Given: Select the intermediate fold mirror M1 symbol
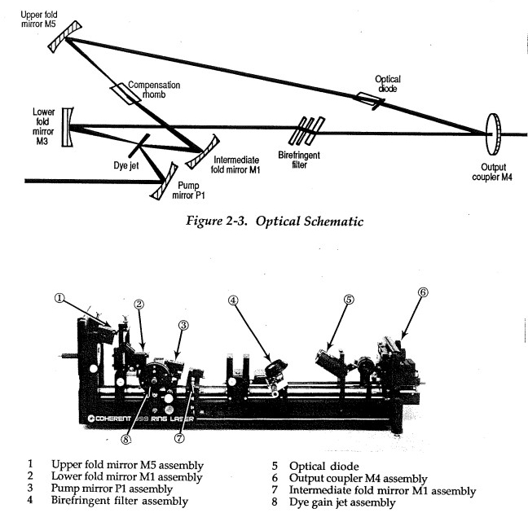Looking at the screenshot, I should pyautogui.click(x=202, y=151).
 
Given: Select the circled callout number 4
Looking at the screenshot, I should pyautogui.click(x=234, y=299).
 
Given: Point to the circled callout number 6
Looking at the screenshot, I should pyautogui.click(x=423, y=291).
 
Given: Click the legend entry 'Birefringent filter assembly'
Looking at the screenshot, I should pyautogui.click(x=120, y=501).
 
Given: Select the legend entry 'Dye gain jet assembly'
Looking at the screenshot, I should pyautogui.click(x=339, y=502).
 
